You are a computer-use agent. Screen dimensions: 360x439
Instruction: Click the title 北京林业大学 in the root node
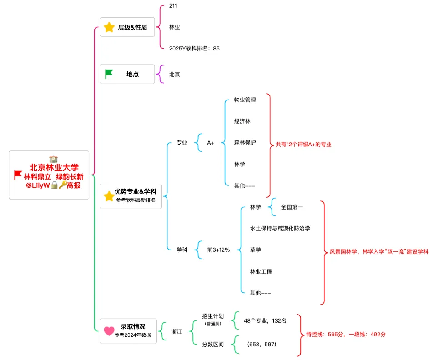point(54,167)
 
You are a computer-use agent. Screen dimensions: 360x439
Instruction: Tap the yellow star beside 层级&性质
point(109,27)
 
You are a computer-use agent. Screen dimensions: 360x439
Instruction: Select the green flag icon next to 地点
point(109,74)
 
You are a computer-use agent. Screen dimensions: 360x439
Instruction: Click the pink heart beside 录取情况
point(109,331)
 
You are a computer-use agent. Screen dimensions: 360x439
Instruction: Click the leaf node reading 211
point(173,6)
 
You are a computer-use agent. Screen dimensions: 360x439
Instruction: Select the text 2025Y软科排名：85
point(194,48)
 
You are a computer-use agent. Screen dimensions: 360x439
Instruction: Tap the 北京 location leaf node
point(174,74)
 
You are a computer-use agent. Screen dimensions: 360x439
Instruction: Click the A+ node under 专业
point(211,143)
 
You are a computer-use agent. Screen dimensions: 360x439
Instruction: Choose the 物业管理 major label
point(245,100)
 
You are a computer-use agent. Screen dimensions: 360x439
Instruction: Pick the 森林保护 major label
point(245,143)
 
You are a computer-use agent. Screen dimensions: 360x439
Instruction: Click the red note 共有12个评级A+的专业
point(303,145)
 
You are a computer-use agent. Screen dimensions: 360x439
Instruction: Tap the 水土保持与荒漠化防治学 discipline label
point(280,228)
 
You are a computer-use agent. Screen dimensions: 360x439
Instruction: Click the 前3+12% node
point(218,250)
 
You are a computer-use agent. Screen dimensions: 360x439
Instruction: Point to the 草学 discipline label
point(255,250)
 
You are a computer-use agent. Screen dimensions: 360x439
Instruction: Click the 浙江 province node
point(177,332)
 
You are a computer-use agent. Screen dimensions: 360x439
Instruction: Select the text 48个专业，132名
point(265,320)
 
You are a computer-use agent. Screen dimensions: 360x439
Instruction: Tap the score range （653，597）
point(262,344)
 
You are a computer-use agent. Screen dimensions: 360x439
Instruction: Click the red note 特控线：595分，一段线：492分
point(346,334)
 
